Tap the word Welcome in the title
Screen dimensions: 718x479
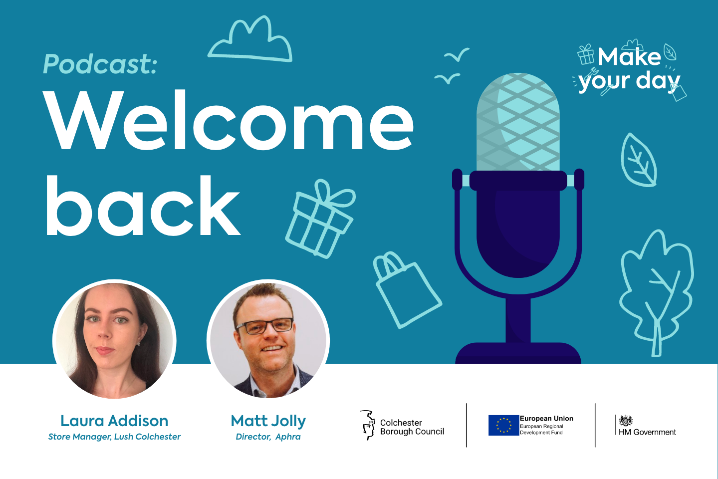228,121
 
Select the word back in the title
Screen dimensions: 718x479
143,206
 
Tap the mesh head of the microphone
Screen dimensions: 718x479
518,122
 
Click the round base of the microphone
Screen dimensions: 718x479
518,353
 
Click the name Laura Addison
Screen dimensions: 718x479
114,421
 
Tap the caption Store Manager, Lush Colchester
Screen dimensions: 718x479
114,437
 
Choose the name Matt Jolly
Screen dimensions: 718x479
268,421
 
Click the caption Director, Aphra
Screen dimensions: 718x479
268,437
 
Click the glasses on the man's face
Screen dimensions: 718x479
265,326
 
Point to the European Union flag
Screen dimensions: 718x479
503,425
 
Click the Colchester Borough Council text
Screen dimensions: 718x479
412,427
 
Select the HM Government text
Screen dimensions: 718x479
647,432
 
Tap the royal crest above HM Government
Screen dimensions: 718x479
626,420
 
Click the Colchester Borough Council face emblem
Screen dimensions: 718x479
368,425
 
